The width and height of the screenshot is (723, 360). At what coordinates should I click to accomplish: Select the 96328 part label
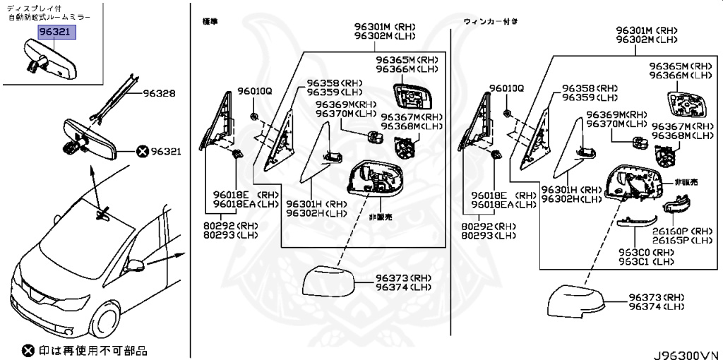click(x=161, y=92)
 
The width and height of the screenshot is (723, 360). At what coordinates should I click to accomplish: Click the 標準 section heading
click(x=209, y=22)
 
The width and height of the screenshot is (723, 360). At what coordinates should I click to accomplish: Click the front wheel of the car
click(x=100, y=323)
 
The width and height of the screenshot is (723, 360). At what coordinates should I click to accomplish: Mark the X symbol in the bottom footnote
click(x=28, y=350)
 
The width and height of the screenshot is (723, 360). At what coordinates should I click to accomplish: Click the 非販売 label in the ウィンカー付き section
click(x=686, y=182)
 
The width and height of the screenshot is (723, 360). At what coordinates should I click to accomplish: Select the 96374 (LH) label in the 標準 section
click(x=402, y=287)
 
